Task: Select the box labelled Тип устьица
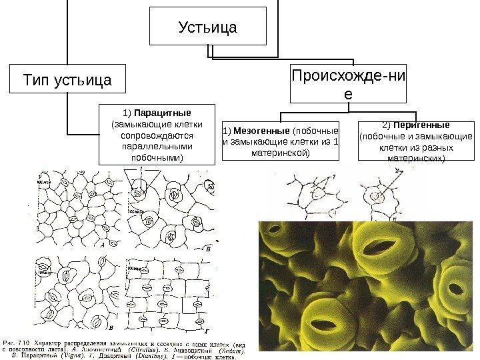[x=67, y=80]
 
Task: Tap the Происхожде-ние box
[x=348, y=83]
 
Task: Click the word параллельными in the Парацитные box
[x=158, y=146]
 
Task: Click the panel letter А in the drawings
[x=104, y=244]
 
